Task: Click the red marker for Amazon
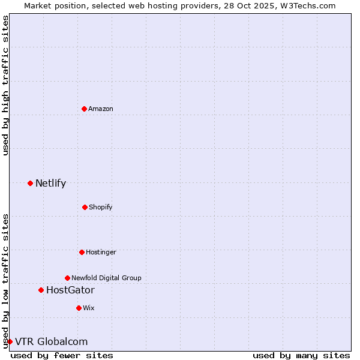84,109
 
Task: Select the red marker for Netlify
30,183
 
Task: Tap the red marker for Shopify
85,207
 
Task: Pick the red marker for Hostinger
82,252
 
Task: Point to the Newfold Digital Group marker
67,278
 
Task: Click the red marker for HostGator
41,290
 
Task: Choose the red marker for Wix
79,308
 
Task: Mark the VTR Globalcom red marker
10,341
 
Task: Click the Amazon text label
101,109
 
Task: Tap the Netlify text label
50,183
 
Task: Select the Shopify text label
101,207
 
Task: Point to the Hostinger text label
101,252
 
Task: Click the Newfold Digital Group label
106,278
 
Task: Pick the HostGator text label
70,290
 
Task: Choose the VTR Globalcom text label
51,341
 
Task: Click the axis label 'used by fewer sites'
62,355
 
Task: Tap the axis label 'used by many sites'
301,355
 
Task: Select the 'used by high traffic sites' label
5,85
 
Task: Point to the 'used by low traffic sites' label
5,280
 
